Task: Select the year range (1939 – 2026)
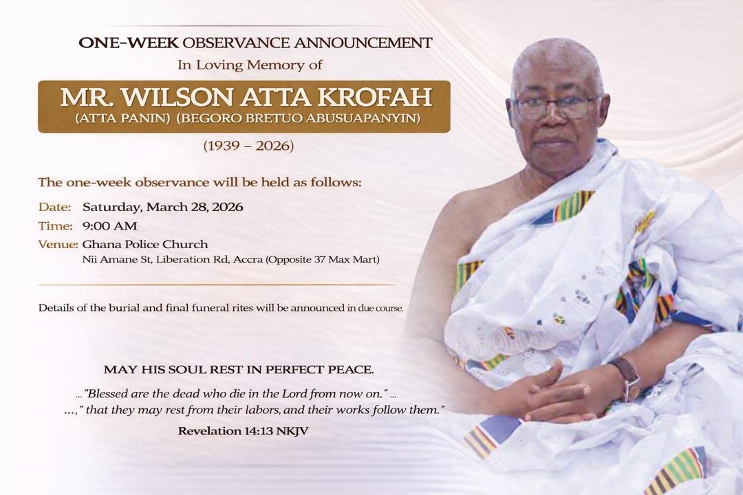pyautogui.click(x=248, y=146)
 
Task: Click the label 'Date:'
pyautogui.click(x=54, y=207)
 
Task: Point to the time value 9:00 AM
pyautogui.click(x=109, y=225)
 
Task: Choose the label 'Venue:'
pyautogui.click(x=57, y=244)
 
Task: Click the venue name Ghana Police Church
pyautogui.click(x=145, y=244)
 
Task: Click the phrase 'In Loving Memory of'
pyautogui.click(x=250, y=66)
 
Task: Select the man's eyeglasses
pyautogui.click(x=555, y=107)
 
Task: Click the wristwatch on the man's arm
pyautogui.click(x=627, y=377)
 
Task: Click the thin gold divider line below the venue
pyautogui.click(x=217, y=285)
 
